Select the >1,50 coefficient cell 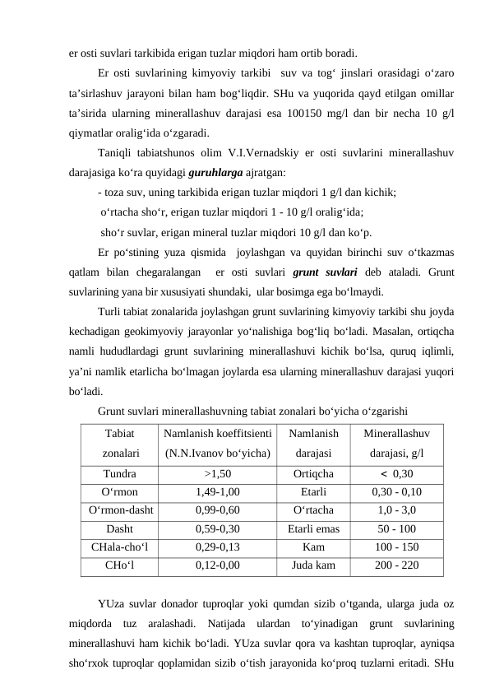[x=218, y=473]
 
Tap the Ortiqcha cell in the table [x=313, y=473]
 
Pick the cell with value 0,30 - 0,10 [x=396, y=491]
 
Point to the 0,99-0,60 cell [x=218, y=509]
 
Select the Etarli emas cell [x=313, y=528]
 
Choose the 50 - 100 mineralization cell [x=396, y=528]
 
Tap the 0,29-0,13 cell [x=218, y=546]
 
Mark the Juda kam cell [x=313, y=565]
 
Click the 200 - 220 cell [x=396, y=565]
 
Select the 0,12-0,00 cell [x=218, y=565]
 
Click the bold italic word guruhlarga [x=214, y=174]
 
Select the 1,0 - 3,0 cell [x=396, y=509]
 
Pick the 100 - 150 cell [x=396, y=546]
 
